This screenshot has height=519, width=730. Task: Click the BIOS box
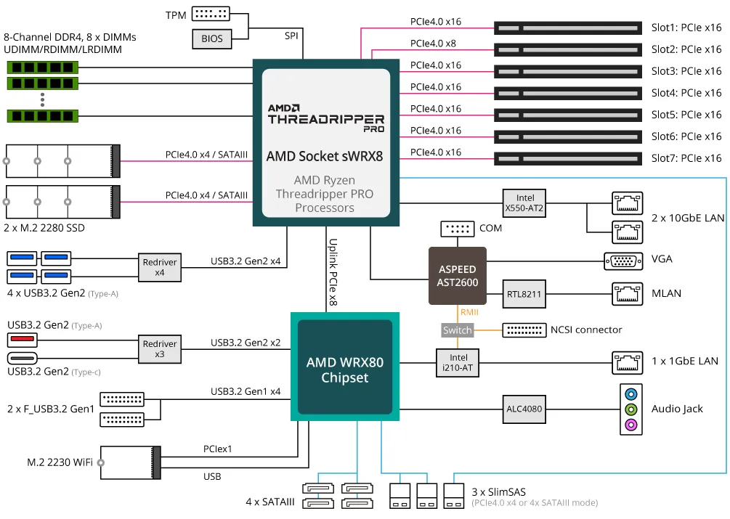coord(212,39)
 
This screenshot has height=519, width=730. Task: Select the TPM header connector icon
coord(210,14)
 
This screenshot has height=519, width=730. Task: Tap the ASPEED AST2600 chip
coord(458,275)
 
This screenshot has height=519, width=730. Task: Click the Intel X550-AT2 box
coord(524,203)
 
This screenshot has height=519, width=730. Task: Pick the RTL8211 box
coord(524,295)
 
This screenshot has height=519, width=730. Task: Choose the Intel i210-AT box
coord(458,362)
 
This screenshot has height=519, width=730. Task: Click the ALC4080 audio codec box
coord(524,409)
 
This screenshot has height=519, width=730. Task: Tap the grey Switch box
coord(457,330)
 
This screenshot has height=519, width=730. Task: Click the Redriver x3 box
coord(160,349)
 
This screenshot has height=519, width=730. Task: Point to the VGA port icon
coord(622,261)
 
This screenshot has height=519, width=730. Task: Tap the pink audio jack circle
coord(630,425)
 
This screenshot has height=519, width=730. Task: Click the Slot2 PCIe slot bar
coord(568,50)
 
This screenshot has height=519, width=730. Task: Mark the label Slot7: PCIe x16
coord(686,158)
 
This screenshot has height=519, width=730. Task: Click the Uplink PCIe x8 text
coord(333,272)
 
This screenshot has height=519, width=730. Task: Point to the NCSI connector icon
coord(524,330)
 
